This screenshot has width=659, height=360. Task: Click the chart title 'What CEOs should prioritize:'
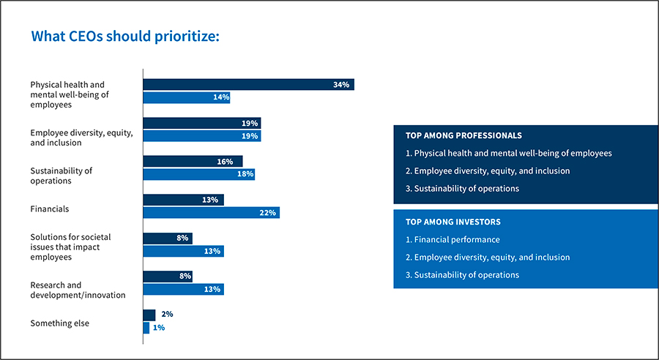click(x=124, y=37)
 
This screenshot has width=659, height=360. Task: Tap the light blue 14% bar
click(x=187, y=97)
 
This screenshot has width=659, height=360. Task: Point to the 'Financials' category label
click(x=50, y=209)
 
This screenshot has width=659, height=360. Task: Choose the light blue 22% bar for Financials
click(x=211, y=213)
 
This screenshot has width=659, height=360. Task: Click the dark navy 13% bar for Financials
click(x=183, y=200)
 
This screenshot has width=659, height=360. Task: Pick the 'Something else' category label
click(x=59, y=323)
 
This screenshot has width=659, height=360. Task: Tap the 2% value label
click(x=167, y=315)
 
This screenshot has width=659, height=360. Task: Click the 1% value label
click(x=159, y=328)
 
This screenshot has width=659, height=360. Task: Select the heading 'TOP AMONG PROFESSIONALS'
click(x=463, y=135)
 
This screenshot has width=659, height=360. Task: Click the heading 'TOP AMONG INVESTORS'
click(x=453, y=221)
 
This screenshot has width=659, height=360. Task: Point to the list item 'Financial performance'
click(x=457, y=239)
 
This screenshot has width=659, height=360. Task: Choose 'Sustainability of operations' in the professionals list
click(x=466, y=188)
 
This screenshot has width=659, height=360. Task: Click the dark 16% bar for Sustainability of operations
click(x=193, y=162)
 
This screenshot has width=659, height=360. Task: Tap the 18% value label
click(x=245, y=174)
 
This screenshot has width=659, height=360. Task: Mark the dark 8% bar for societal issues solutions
click(x=167, y=238)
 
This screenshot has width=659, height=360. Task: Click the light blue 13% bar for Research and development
click(x=183, y=289)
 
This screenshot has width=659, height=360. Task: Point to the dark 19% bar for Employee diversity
click(x=201, y=123)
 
